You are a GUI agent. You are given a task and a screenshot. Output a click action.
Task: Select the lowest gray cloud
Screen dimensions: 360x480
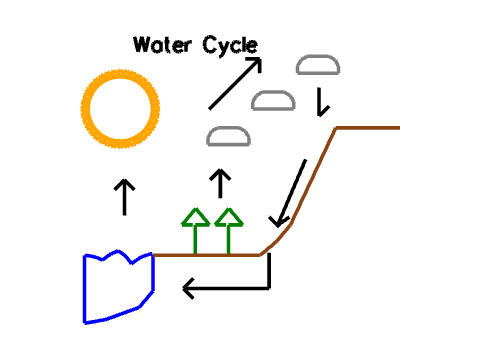227,136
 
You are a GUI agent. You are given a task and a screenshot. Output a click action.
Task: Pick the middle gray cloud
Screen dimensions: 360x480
272,100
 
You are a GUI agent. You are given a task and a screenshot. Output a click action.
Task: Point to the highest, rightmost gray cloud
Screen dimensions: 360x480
318,66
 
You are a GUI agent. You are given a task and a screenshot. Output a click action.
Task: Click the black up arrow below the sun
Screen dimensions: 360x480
124,197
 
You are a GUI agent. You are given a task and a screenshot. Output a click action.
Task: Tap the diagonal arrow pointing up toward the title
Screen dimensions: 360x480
234,84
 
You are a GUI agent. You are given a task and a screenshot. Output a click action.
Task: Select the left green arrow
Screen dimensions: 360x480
195,230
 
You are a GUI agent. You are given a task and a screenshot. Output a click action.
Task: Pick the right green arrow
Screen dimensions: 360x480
229,230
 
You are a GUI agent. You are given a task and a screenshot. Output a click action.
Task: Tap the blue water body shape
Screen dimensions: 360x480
117,288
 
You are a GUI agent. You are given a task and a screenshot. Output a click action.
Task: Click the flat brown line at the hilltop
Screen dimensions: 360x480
368,128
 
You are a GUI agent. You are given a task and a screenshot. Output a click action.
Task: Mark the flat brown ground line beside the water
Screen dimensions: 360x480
205,255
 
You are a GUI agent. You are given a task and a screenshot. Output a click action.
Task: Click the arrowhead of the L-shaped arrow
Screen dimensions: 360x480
188,289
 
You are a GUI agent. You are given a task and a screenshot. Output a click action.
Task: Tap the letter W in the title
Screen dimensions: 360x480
141,45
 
